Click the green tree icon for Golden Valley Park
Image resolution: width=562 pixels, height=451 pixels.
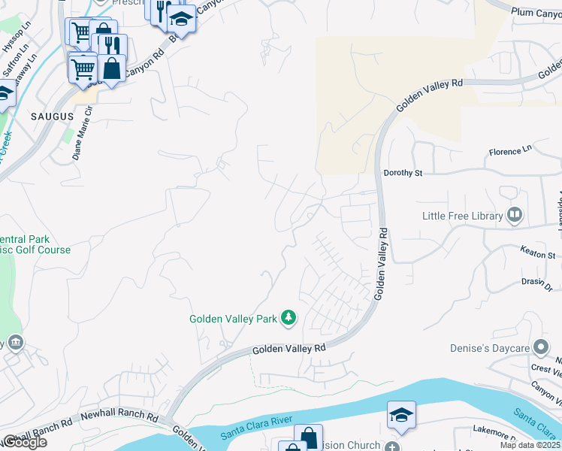[x=288, y=319]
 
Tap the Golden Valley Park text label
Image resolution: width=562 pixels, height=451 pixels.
[x=233, y=319]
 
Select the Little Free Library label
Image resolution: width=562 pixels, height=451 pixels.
[x=461, y=216]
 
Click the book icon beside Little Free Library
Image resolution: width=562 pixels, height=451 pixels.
[x=515, y=216]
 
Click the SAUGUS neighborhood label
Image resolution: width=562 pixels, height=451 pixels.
[x=53, y=117]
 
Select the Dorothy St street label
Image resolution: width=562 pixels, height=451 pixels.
[x=403, y=173]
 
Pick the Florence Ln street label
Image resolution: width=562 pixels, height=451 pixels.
[x=510, y=152]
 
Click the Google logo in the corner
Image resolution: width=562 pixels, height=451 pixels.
[x=24, y=443]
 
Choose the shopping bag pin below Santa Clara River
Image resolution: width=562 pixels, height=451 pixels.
[x=308, y=437]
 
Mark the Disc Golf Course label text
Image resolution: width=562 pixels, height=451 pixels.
[x=34, y=250]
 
